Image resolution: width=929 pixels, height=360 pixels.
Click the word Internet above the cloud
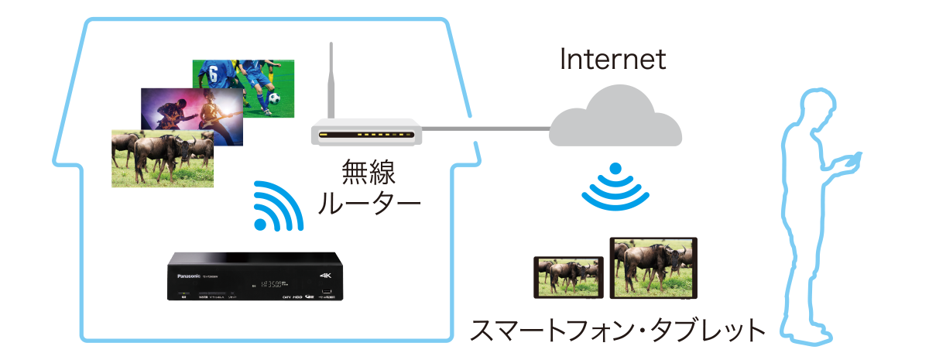tap(612, 60)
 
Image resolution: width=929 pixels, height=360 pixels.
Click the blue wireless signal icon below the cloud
tap(615, 186)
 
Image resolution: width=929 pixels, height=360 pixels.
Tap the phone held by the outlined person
tap(852, 159)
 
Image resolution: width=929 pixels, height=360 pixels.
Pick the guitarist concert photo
tap(191, 114)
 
